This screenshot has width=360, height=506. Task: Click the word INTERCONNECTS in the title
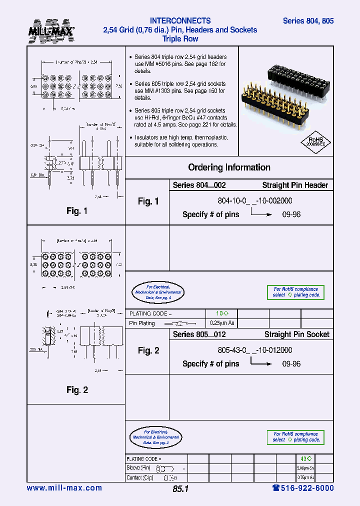(x=180, y=21)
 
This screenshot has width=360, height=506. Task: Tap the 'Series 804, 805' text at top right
(x=308, y=21)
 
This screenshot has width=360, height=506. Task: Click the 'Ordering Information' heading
(x=229, y=167)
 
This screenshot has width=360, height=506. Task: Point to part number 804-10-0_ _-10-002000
(x=255, y=201)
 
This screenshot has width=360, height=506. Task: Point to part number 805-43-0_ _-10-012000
(x=255, y=350)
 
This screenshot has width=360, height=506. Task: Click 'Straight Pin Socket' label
(x=296, y=334)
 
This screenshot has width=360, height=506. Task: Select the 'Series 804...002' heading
(x=199, y=185)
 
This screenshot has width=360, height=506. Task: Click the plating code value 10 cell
(x=222, y=313)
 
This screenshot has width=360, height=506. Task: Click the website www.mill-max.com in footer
(x=64, y=488)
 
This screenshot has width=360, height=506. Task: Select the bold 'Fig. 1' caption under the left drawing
(x=77, y=211)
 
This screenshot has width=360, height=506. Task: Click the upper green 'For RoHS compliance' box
(x=296, y=292)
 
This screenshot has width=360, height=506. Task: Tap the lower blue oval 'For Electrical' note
(x=157, y=437)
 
